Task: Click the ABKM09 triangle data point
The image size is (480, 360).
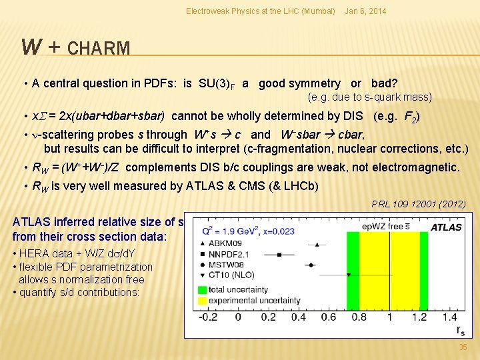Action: coord(316,244)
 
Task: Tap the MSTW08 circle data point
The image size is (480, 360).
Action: coord(311,265)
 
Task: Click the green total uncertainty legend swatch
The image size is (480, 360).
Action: coord(203,289)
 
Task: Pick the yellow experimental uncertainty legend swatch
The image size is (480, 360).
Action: coord(203,301)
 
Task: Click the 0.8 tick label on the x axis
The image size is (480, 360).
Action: coord(359,317)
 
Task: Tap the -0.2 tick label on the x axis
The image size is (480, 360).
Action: coord(207,317)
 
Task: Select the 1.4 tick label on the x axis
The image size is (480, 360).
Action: coord(450,317)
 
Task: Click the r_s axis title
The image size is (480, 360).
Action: coord(461,329)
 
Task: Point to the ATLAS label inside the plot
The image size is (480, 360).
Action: coord(446,227)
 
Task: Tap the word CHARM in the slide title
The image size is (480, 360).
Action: coord(99,49)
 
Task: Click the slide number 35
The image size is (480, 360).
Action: coord(463,347)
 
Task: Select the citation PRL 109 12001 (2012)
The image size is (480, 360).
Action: coord(419,204)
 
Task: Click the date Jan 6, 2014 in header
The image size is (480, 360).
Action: coord(364,11)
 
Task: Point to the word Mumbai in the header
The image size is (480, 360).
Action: coord(318,11)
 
